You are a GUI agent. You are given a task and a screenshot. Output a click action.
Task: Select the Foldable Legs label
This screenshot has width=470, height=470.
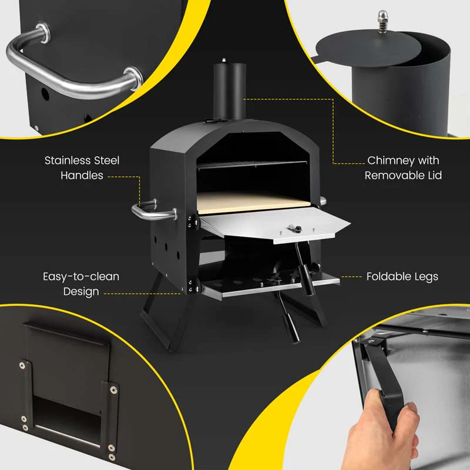click(402, 276)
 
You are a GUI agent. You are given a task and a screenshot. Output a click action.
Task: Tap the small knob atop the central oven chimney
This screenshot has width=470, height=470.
click(224, 60)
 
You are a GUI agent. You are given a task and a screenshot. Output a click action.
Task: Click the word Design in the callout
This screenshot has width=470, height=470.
click(80, 291)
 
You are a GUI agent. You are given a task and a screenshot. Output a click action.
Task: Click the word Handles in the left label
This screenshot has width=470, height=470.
click(82, 175)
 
